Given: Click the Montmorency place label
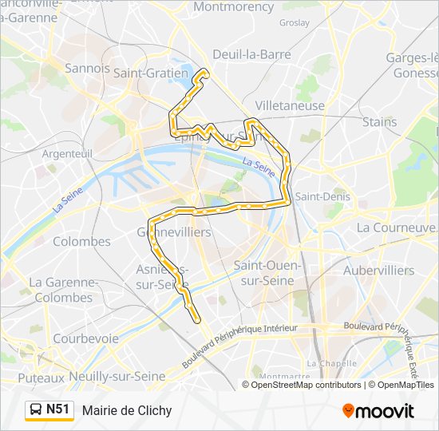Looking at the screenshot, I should tap(233, 6).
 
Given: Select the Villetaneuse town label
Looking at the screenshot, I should tap(290, 105).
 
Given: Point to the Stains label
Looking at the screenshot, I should tap(379, 122).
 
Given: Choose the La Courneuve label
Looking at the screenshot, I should tap(396, 227).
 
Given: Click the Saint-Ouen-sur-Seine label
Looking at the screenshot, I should tap(264, 272).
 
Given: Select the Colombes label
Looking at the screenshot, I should tap(81, 241).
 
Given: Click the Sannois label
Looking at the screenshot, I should tap(88, 69).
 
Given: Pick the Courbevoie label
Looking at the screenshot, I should tap(85, 338).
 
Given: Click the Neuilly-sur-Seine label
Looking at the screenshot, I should tap(117, 376).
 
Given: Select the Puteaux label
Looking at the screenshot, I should tap(41, 377).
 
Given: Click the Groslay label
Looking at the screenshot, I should tap(295, 23).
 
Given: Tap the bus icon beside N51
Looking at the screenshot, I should tap(36, 410).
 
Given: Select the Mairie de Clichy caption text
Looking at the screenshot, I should tap(126, 411).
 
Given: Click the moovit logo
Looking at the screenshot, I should tap(378, 411).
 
